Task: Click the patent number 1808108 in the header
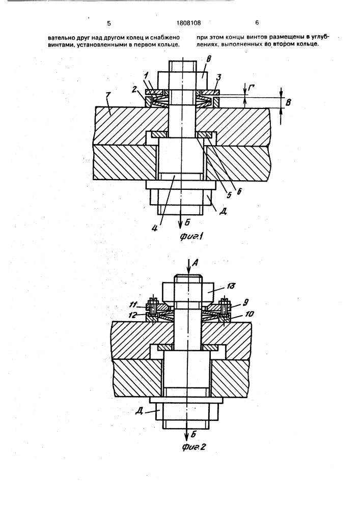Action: pos(188,23)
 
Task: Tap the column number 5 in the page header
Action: pos(109,23)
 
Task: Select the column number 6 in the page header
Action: pos(257,23)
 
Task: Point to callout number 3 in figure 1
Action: pos(219,77)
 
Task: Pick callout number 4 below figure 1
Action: pos(155,228)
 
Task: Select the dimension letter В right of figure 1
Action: pos(288,103)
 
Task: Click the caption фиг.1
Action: pos(192,237)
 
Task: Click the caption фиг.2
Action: pos(194,447)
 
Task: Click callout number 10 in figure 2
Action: pos(250,314)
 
